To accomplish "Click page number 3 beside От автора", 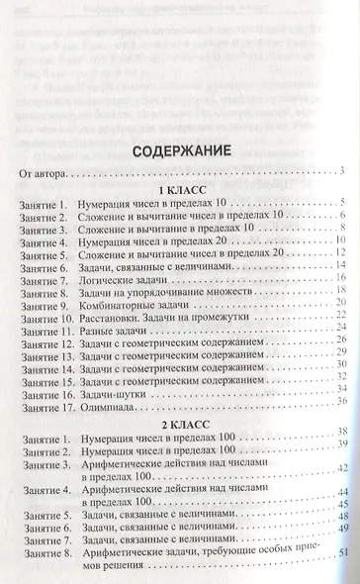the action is [x=338, y=174].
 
